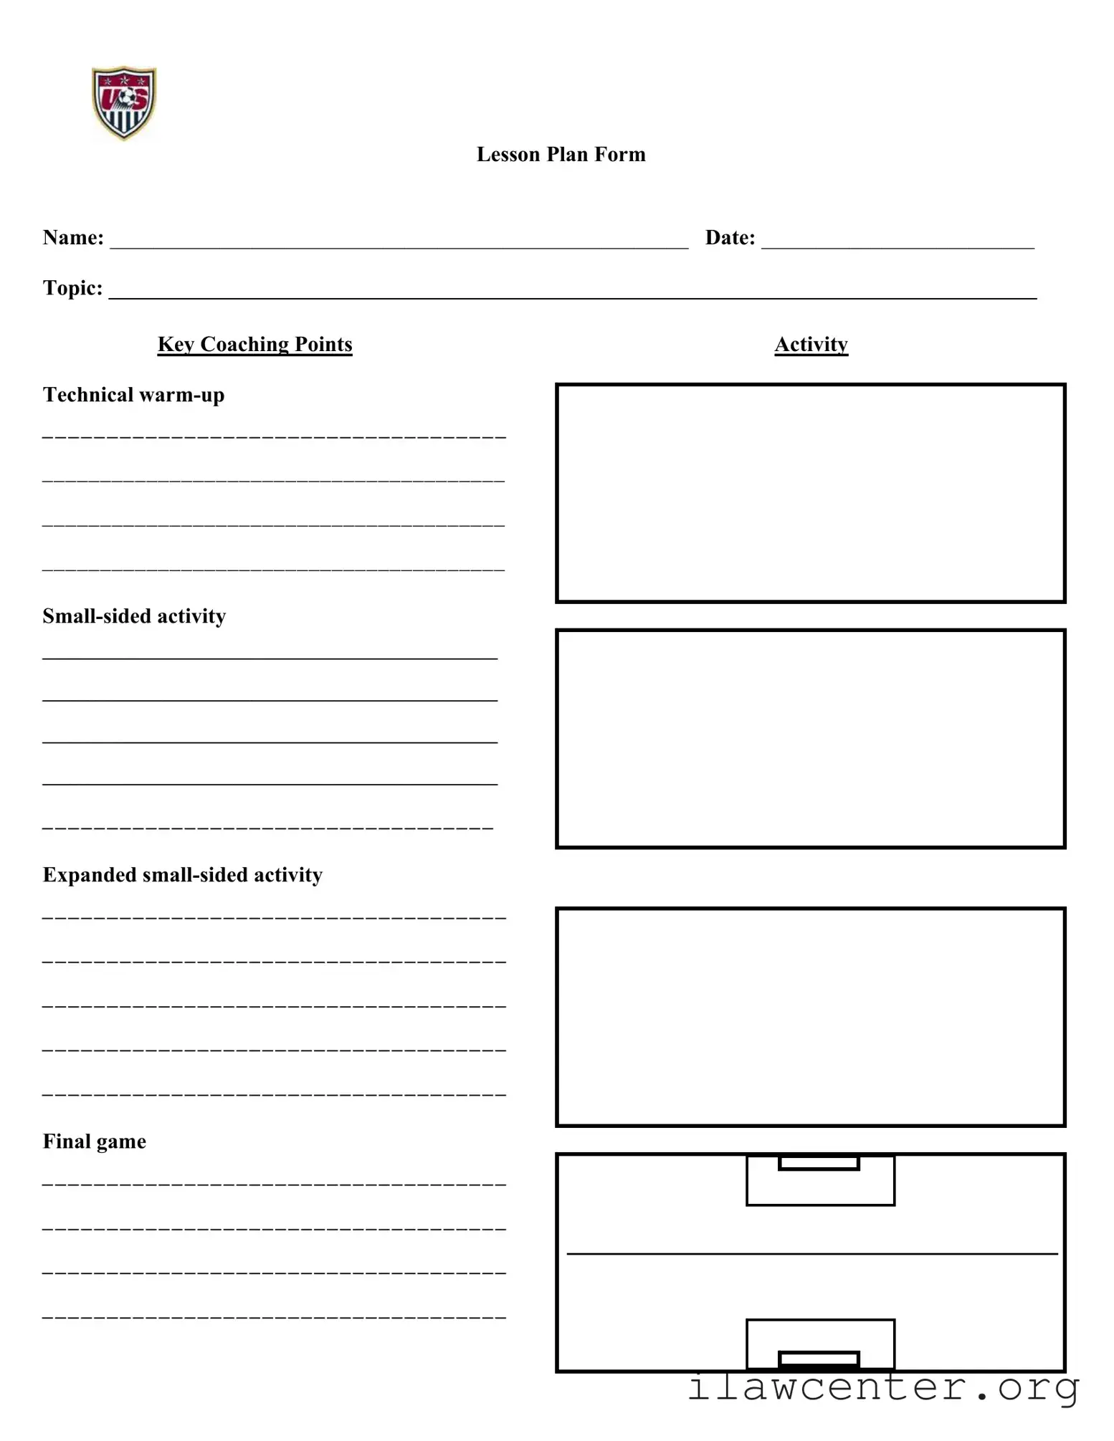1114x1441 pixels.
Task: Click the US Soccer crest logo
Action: pyautogui.click(x=124, y=102)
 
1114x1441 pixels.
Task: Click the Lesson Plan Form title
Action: pyautogui.click(x=561, y=155)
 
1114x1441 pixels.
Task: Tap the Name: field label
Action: pyautogui.click(x=73, y=238)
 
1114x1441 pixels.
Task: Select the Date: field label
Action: pyautogui.click(x=730, y=238)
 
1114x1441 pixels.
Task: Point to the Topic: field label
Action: pyautogui.click(x=72, y=288)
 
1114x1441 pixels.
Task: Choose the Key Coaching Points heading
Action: pyautogui.click(x=254, y=345)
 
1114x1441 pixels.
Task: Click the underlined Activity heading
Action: pyautogui.click(x=811, y=345)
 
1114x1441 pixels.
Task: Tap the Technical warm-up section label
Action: pyautogui.click(x=133, y=395)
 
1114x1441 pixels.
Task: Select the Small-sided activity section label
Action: pyautogui.click(x=134, y=616)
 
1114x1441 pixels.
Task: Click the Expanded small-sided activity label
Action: pyautogui.click(x=182, y=875)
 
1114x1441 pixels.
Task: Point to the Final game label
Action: pyautogui.click(x=94, y=1141)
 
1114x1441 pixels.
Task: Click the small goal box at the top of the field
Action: pyautogui.click(x=819, y=1163)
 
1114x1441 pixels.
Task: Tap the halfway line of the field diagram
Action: pyautogui.click(x=811, y=1254)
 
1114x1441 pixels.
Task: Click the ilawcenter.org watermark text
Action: pyautogui.click(x=883, y=1387)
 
